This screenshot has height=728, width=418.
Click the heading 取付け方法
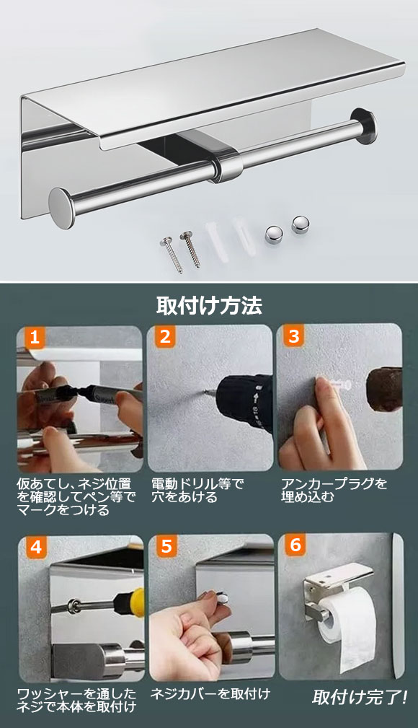(209, 305)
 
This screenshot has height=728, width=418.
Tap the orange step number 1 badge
(35, 338)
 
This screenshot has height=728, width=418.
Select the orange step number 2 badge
(165, 336)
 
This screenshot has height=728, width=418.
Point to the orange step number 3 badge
(293, 336)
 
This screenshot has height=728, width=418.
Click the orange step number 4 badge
(36, 547)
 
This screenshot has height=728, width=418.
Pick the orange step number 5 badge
(166, 546)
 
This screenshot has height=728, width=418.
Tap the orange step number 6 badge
(295, 545)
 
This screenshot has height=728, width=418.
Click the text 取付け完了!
(360, 698)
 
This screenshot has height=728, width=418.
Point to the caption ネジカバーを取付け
(210, 694)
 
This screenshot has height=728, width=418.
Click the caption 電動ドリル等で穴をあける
(197, 491)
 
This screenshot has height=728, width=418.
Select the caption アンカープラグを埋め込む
(334, 491)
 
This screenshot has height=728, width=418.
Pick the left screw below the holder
(172, 254)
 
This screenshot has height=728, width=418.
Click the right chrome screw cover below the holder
(300, 224)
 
